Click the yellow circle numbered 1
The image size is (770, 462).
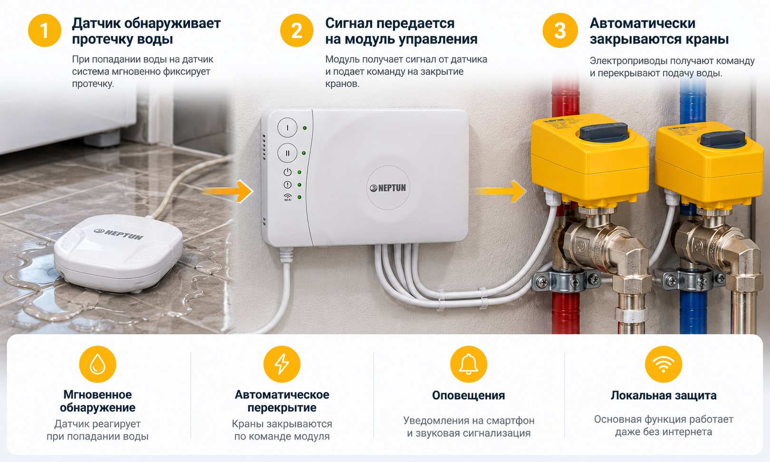(45, 30)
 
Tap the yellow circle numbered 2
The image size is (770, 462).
(297, 30)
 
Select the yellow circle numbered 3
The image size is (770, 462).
(560, 30)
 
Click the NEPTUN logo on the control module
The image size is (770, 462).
(388, 188)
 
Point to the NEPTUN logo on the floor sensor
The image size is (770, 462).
(119, 234)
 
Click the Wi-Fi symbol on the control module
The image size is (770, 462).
(288, 197)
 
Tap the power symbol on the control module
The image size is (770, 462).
(288, 172)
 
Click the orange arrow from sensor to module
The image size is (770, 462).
(228, 191)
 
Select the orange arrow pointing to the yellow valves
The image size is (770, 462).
(501, 191)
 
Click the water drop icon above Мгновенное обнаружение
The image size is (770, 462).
(97, 364)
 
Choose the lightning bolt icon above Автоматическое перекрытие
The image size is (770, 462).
(282, 364)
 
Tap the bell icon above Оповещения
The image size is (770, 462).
(469, 364)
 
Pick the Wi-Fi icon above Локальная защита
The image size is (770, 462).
(664, 364)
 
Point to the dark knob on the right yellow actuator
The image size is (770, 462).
(723, 138)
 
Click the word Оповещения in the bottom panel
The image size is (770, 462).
(469, 395)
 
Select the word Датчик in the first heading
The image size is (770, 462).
(96, 23)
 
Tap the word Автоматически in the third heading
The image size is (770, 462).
(643, 23)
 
